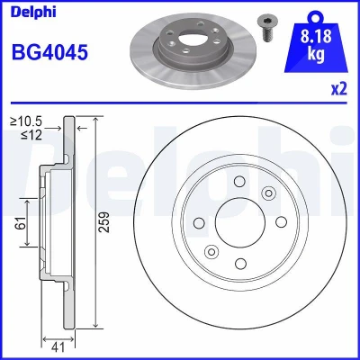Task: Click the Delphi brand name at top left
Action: (33, 12)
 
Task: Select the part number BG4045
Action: (49, 51)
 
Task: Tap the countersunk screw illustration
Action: (267, 28)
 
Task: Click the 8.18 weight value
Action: (316, 36)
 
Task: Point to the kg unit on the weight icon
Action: (316, 55)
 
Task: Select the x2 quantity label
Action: (339, 89)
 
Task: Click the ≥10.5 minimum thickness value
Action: (26, 121)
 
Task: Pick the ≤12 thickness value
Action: (31, 135)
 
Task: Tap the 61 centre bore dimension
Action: (21, 223)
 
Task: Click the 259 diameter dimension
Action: (104, 222)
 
